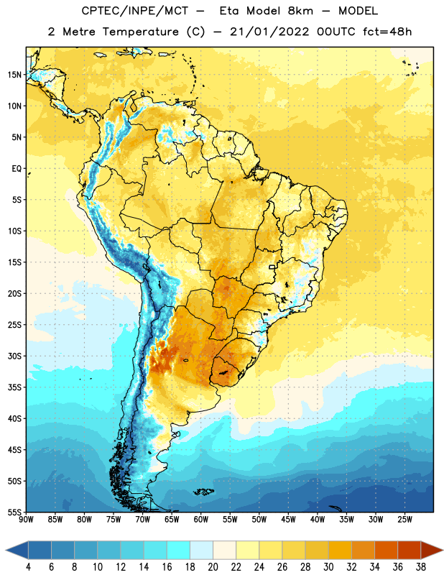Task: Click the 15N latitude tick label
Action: click(x=14, y=75)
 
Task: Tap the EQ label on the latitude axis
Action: click(x=17, y=169)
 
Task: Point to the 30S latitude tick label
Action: click(x=14, y=356)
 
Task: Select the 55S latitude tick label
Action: click(x=14, y=512)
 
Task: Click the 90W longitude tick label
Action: click(x=26, y=519)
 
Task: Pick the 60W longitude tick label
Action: click(x=201, y=519)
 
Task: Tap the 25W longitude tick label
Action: click(x=404, y=519)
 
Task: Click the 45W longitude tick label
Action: click(x=288, y=519)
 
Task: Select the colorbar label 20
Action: click(x=213, y=567)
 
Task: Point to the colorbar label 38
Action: click(x=421, y=567)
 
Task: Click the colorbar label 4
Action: click(x=28, y=567)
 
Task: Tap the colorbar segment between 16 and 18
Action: click(x=179, y=550)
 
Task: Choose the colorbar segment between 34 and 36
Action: click(x=387, y=550)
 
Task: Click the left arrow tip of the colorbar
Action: click(x=6, y=550)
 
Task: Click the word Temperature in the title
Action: click(x=140, y=32)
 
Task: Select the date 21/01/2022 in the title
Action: click(x=269, y=32)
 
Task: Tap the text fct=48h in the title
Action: click(x=387, y=32)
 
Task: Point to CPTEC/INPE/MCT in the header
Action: click(x=134, y=11)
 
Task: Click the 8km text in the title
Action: click(x=300, y=11)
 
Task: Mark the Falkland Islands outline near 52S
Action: click(x=204, y=492)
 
